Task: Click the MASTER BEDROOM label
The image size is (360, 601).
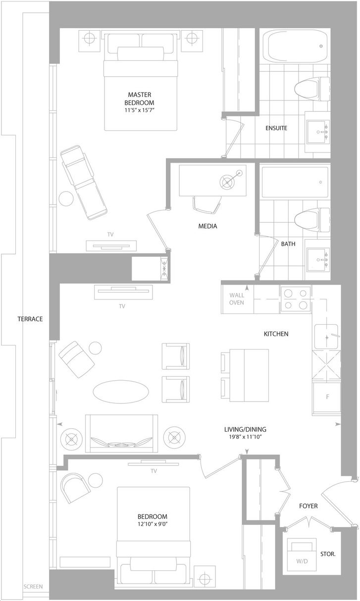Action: coord(139,99)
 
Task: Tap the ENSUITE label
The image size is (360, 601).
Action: coord(276,128)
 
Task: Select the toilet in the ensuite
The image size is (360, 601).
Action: coord(312,89)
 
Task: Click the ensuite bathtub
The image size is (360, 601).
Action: coord(295,46)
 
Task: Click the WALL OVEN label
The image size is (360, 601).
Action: coord(237,299)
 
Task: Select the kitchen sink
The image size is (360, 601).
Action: coord(326,337)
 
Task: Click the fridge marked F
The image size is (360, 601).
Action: coord(326,397)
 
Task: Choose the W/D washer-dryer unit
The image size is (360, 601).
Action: coord(302,555)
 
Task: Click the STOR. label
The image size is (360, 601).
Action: coord(328,554)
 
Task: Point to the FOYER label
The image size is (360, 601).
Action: coord(309,506)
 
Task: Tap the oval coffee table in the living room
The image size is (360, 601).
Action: coord(121,392)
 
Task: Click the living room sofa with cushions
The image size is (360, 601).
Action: coord(122,433)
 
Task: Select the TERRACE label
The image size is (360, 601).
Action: coord(30,319)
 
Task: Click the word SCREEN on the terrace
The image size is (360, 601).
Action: coord(33,587)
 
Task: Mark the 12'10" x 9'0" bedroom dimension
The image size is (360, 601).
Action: coord(153,524)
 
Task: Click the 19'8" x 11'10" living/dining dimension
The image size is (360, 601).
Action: coord(245,437)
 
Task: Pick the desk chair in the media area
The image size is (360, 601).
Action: coord(206,205)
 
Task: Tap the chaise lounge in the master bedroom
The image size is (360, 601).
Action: coord(84,182)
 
